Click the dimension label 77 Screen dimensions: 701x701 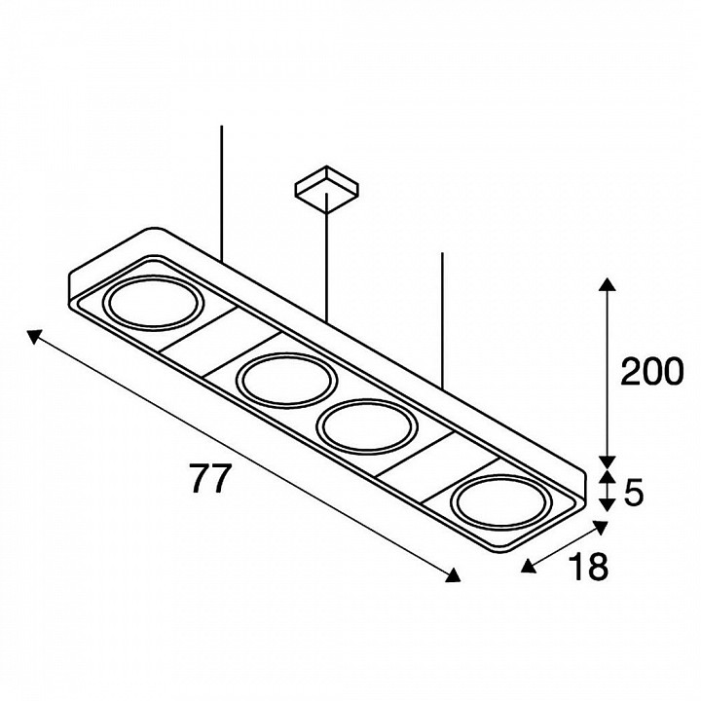(210, 478)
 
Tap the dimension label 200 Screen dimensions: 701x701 (652, 372)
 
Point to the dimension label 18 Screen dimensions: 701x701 (589, 567)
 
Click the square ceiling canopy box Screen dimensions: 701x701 (327, 187)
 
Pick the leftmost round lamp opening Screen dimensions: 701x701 (154, 303)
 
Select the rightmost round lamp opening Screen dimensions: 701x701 (499, 503)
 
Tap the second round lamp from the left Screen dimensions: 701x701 (286, 381)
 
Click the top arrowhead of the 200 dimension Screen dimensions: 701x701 (607, 284)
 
